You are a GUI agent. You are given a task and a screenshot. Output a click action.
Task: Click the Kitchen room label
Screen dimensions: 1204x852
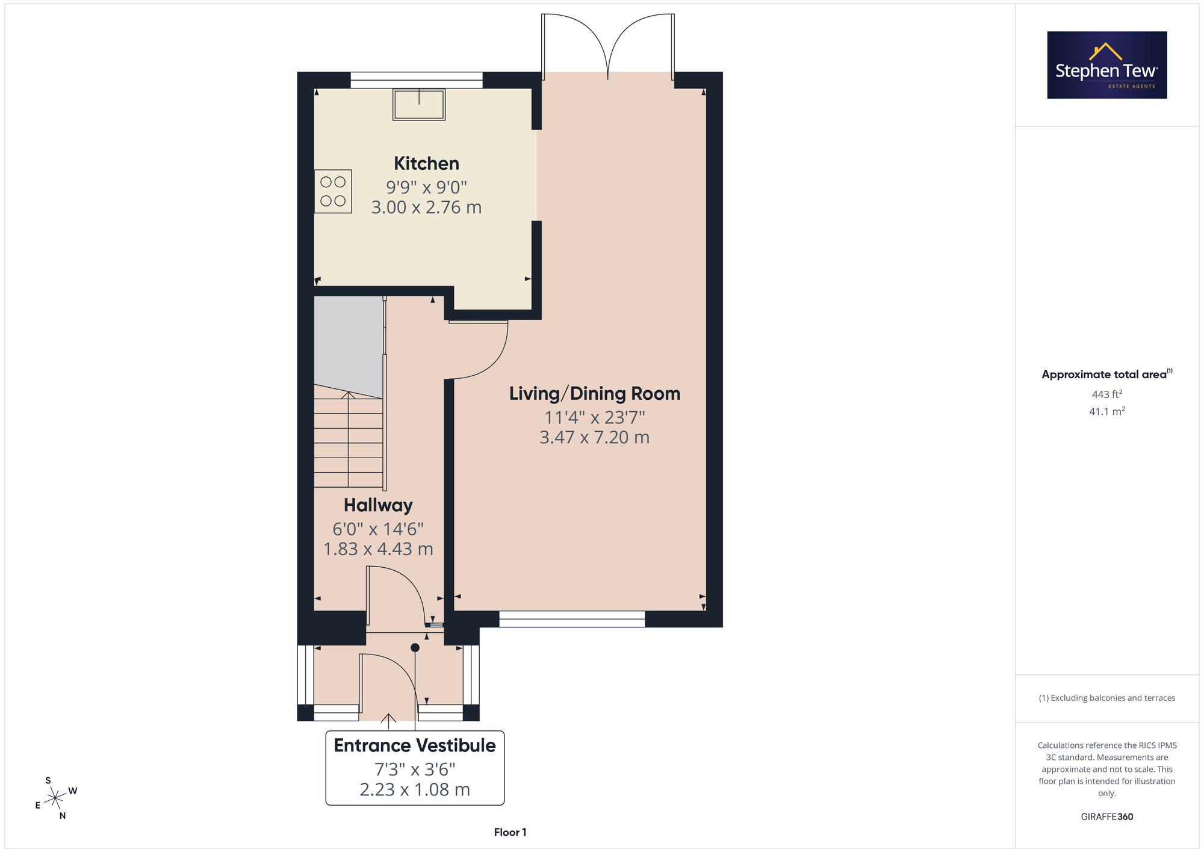pos(426,163)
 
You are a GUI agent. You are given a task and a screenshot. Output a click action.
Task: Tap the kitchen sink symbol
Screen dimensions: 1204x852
pos(419,105)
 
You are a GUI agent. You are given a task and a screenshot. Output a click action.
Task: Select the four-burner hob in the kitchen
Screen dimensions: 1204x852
pos(333,191)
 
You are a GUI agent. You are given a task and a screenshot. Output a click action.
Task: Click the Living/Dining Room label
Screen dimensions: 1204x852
pos(595,393)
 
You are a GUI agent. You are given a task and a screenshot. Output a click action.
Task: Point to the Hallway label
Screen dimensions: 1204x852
pos(378,505)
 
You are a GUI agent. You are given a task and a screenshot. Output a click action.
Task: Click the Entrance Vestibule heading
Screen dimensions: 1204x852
pos(415,745)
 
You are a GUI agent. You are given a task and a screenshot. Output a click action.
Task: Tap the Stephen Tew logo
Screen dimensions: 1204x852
pos(1107,65)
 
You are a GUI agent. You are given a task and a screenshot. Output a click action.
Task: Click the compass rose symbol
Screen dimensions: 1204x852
pos(56,798)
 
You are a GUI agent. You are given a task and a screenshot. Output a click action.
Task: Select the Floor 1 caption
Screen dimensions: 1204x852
pos(510,832)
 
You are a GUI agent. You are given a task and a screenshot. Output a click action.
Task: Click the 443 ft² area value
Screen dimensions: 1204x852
pos(1107,394)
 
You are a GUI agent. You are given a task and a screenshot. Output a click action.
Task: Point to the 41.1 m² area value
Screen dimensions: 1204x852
pos(1107,411)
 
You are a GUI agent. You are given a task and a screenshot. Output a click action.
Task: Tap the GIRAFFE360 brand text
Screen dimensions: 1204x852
pos(1107,817)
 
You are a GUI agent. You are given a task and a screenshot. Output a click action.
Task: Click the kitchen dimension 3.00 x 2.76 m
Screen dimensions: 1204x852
pos(426,207)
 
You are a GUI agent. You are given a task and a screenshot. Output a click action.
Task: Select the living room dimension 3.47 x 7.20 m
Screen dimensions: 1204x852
pos(595,437)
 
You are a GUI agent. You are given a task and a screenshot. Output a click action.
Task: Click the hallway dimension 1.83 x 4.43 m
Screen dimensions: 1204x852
pos(378,549)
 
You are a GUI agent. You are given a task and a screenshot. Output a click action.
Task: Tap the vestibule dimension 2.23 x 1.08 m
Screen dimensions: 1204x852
pos(415,789)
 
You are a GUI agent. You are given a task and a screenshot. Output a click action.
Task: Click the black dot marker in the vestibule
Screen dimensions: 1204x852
pos(415,648)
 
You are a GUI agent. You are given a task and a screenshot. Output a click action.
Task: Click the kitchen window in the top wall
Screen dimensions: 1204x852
pos(417,80)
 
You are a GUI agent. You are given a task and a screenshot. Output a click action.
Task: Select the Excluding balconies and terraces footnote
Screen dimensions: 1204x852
pos(1107,698)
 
